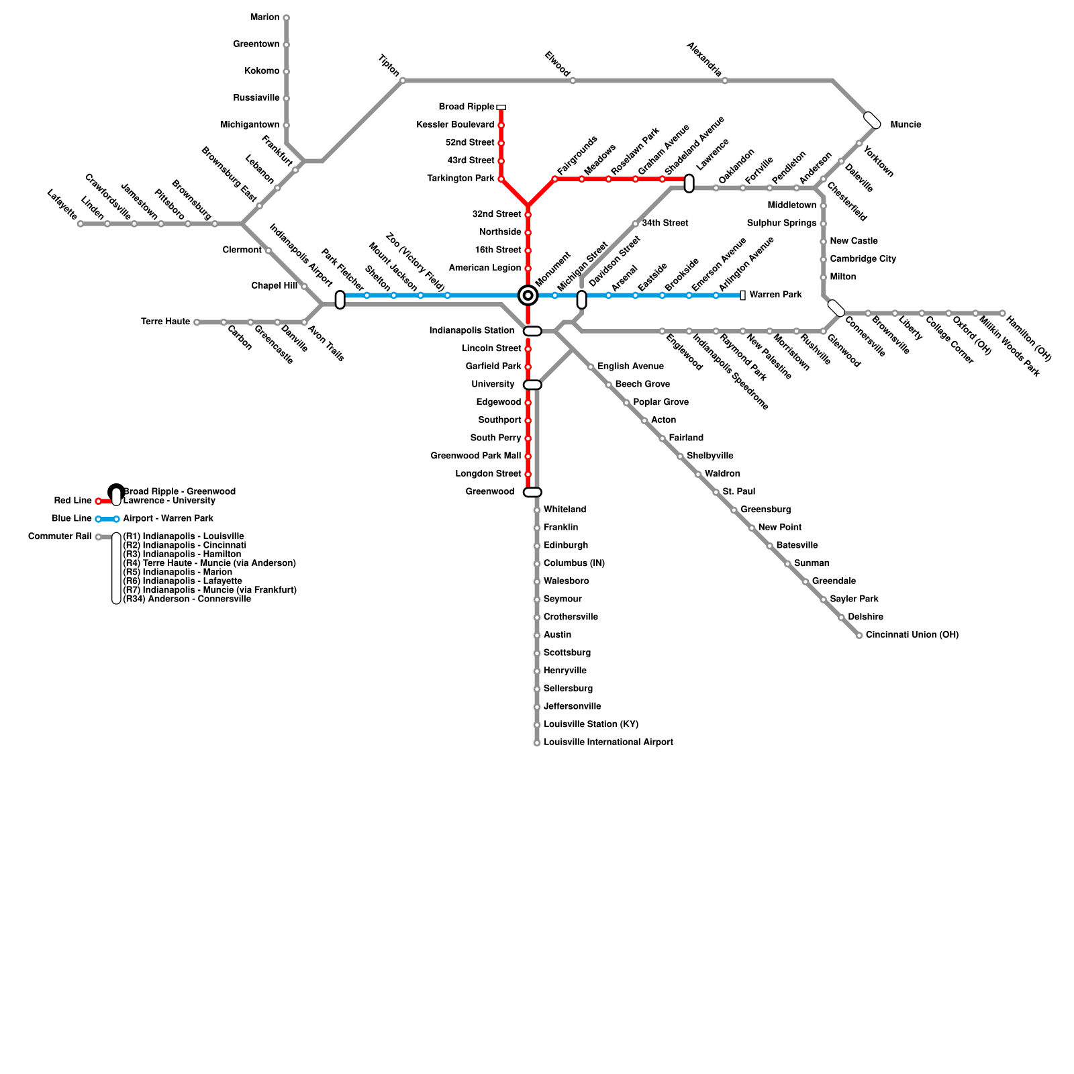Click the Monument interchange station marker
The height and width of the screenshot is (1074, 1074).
528,295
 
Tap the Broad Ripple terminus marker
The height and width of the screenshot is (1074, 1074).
501,107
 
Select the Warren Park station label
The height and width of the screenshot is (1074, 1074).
775,295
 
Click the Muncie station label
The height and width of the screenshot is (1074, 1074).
906,125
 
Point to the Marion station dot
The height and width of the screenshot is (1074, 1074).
287,18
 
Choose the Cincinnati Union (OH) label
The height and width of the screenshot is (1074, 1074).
912,635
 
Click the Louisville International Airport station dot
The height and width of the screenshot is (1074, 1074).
537,743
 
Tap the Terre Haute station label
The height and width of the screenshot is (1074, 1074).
166,322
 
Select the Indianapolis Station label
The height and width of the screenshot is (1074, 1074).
471,331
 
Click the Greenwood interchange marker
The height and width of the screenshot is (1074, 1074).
532,493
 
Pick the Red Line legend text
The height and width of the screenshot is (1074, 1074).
73,501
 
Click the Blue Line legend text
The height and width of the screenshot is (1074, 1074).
72,519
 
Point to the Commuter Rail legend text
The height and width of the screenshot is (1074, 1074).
60,537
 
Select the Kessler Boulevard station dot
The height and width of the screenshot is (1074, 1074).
501,126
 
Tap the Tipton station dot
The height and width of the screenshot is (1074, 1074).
403,81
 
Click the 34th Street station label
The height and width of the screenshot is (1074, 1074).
665,224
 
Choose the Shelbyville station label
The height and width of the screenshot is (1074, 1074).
710,456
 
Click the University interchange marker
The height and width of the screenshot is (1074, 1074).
532,385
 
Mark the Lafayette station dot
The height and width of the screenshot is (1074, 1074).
81,224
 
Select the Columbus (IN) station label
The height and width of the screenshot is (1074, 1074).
574,564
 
